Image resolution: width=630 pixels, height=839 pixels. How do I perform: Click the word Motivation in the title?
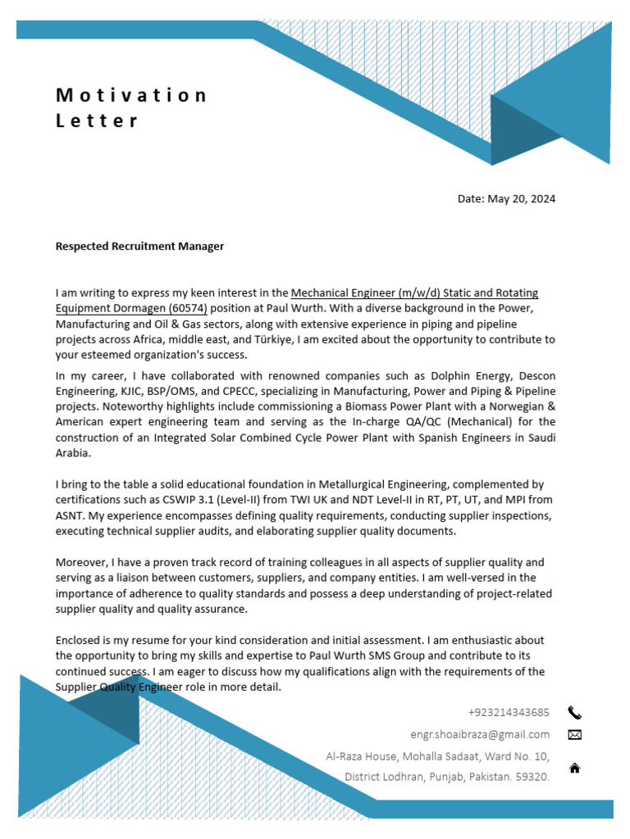131,95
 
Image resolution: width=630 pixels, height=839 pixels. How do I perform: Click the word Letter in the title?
97,120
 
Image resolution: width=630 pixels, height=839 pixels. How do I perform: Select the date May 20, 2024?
522,199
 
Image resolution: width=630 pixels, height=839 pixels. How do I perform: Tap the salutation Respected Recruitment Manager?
139,246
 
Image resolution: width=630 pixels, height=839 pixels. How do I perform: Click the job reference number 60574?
188,308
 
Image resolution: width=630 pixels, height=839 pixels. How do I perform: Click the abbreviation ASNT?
71,515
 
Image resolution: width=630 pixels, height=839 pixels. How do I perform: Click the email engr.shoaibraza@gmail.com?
480,734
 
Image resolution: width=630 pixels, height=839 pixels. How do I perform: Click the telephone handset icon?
574,713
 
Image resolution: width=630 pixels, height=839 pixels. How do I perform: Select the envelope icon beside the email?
574,735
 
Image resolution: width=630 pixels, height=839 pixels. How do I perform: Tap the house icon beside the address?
574,769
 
